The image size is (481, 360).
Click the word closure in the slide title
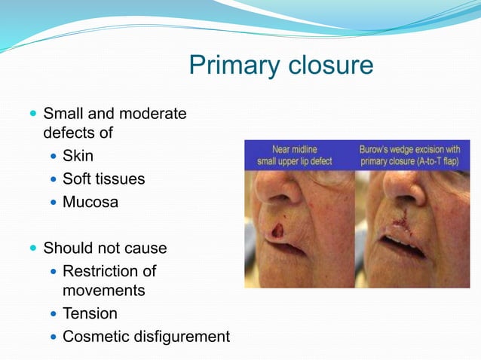click(x=329, y=66)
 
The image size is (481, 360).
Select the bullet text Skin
click(x=78, y=157)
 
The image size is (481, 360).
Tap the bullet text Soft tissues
click(x=103, y=179)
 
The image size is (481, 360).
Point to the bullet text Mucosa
click(x=90, y=202)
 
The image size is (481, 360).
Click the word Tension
click(x=90, y=313)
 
